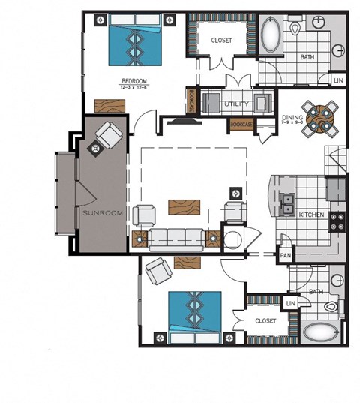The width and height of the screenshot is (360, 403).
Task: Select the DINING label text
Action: point(292,118)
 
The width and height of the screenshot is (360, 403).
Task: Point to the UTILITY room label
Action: point(236,103)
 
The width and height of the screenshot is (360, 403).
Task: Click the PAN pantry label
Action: point(285,256)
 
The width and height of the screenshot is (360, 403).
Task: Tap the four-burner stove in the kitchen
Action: point(338,221)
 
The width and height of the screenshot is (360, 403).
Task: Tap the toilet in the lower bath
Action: point(331,307)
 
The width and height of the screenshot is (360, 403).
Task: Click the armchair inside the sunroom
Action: point(107,139)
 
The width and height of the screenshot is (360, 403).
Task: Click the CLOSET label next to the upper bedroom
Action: point(222,40)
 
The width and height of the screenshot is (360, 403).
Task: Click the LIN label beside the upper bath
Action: point(338,80)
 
